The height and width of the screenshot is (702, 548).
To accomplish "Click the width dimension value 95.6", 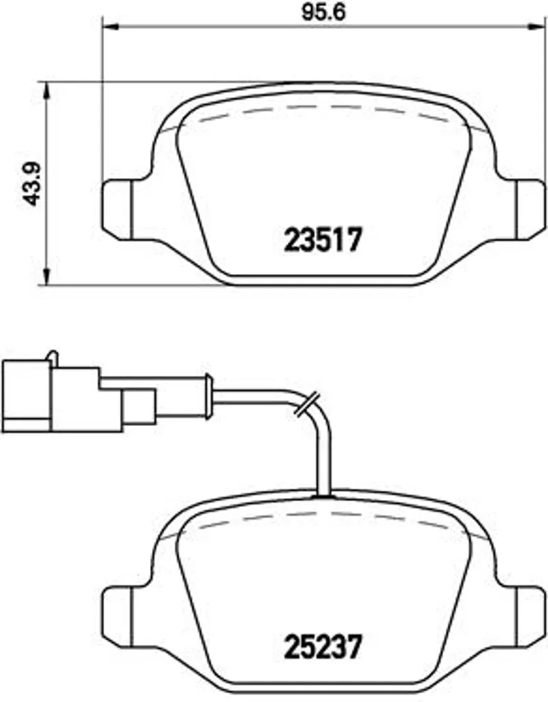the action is [x=324, y=12].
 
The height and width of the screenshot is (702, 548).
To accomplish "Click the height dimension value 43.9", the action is [x=32, y=184].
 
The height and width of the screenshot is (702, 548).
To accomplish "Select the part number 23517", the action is [x=323, y=240].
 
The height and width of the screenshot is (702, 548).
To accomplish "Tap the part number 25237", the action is [x=323, y=647].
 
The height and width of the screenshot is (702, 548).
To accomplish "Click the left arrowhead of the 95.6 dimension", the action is [x=110, y=27].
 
